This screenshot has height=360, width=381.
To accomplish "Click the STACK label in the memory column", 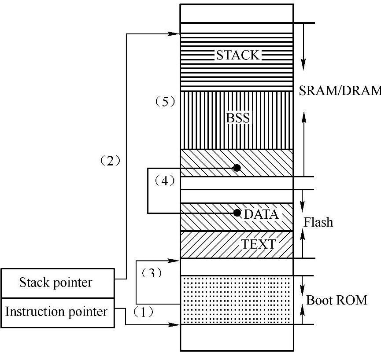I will [x=237, y=55].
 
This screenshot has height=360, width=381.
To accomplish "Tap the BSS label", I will [x=238, y=118].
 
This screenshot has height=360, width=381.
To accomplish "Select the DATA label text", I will [x=261, y=214].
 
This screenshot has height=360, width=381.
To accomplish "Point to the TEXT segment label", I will [x=258, y=244].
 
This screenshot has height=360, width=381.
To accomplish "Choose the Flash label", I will [x=318, y=222].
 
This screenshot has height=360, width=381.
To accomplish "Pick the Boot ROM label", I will [x=337, y=301].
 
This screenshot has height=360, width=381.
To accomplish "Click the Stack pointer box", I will [x=56, y=283].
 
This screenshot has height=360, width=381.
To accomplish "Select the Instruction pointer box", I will [x=56, y=312].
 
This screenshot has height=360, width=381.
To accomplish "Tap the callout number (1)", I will [x=143, y=312].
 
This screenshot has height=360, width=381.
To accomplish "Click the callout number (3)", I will [x=151, y=273].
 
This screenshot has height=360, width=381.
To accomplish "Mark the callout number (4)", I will [x=164, y=180].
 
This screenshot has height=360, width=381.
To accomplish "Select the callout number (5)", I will [x=165, y=102].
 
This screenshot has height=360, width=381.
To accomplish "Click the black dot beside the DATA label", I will [x=237, y=213].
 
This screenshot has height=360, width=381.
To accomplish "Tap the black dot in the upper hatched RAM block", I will [x=237, y=168].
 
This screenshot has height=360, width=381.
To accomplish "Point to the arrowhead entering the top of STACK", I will [x=178, y=33].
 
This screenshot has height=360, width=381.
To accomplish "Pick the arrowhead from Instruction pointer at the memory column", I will [x=178, y=325].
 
